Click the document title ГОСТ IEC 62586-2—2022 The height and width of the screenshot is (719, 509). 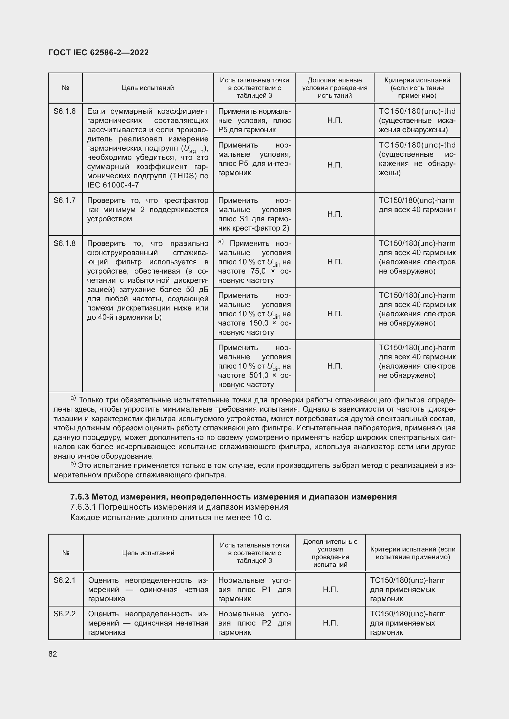[98, 53]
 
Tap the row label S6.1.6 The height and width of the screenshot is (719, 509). [65, 111]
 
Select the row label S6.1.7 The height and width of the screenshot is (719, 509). [65, 200]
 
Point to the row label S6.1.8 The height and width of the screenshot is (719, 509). [65, 243]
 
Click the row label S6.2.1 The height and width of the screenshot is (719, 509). [65, 580]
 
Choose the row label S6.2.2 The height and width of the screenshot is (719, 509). [65, 614]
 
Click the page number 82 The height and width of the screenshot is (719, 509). [53, 654]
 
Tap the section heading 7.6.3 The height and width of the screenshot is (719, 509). [80, 497]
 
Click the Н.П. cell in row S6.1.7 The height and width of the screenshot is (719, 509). [335, 214]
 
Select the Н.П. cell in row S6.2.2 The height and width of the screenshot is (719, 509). [330, 623]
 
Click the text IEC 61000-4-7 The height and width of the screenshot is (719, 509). [113, 185]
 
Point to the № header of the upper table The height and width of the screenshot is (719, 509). [66, 88]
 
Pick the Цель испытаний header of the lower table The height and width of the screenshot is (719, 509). [148, 553]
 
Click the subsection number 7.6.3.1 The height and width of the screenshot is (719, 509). [83, 507]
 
